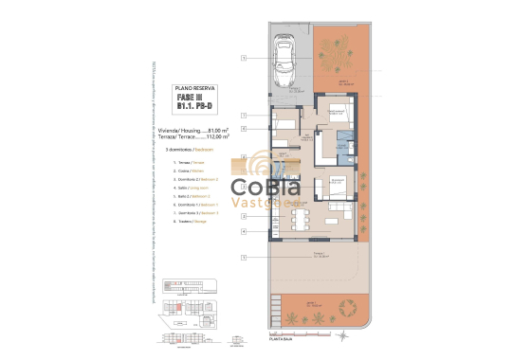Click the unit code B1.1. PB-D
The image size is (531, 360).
click(193, 105)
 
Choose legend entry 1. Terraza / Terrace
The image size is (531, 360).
click(190, 163)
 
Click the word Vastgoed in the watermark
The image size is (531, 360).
click(276, 199)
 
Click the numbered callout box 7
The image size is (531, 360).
click(244, 114)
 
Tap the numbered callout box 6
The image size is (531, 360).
click(244, 128)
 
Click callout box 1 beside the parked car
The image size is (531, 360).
click(244, 59)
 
